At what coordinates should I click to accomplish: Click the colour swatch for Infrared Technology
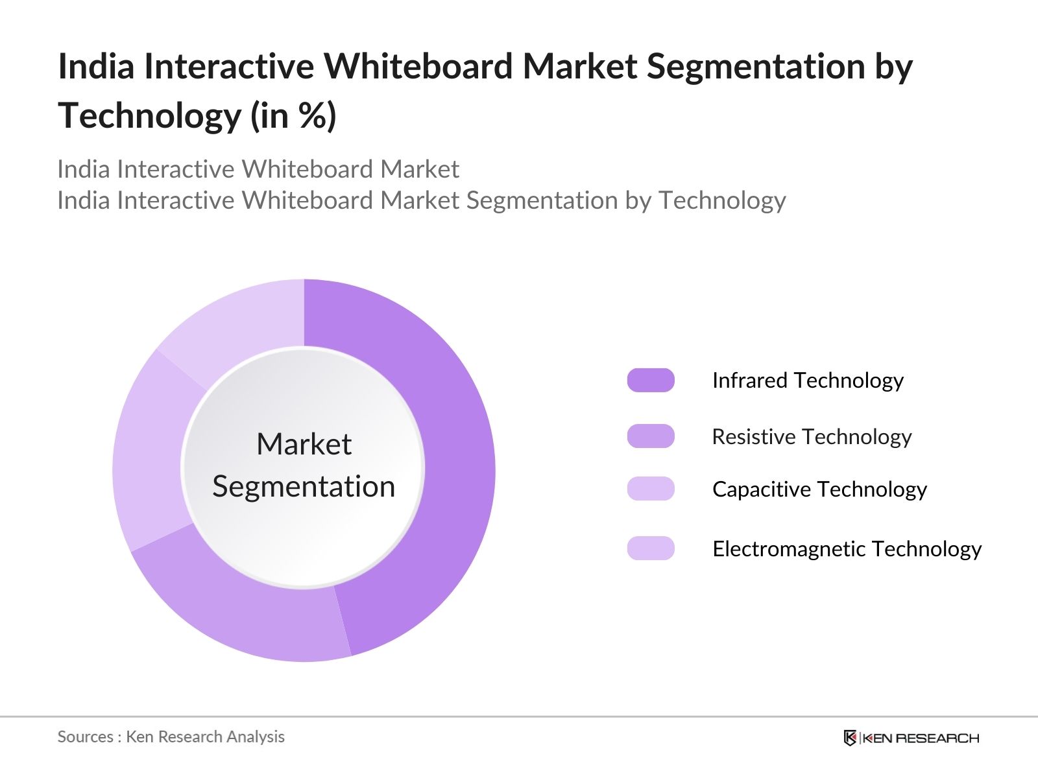651,381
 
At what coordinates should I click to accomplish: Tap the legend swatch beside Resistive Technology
651,436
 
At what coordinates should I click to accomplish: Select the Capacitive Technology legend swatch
651,489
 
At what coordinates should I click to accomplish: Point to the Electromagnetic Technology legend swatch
651,548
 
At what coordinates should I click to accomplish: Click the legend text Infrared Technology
808,381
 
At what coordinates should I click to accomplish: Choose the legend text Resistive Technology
812,437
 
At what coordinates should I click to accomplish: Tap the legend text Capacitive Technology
819,489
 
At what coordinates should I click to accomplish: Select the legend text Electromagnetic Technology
847,549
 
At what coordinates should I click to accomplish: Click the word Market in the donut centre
304,445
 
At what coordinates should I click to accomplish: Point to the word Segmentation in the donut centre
304,487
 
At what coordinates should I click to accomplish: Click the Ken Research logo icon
850,738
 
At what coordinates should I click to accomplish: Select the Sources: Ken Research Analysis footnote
171,737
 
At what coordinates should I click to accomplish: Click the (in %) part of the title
294,116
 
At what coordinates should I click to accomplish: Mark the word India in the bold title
96,67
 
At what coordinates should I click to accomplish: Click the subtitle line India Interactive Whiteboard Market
258,169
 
